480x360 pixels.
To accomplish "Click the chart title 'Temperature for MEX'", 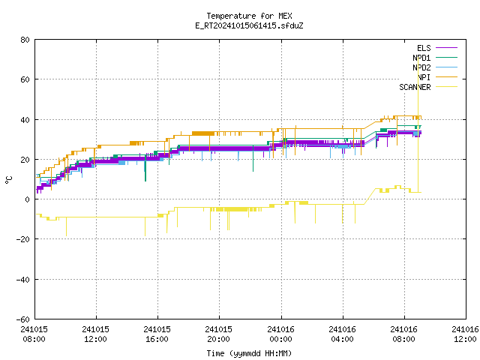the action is [249, 16].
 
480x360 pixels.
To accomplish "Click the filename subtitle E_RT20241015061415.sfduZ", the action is [249, 25].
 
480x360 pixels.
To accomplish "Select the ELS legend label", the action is [424, 48].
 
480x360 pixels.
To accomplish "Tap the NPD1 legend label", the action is [421, 58].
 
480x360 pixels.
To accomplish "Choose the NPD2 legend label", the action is [421, 67].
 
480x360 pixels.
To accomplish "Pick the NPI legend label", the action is [424, 77].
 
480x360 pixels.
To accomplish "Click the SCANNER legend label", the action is [415, 87].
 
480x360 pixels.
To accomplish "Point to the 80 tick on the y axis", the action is [25, 40].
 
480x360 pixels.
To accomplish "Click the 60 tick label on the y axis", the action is [25, 79].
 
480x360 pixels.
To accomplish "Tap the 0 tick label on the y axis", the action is [28, 199].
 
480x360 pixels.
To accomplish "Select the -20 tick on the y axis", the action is [23, 239].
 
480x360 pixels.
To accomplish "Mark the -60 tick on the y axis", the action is [23, 319].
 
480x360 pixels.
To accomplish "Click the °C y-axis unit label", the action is [8, 180].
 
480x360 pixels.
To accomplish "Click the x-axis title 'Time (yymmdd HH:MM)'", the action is [249, 353].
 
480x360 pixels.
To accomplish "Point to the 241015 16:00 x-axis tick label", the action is [157, 334].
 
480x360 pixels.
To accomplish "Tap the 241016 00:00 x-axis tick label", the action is [280, 334].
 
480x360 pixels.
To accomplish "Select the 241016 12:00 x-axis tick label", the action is [465, 334].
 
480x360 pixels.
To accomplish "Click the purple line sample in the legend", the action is [447, 48].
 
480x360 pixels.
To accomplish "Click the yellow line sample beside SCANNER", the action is [447, 87].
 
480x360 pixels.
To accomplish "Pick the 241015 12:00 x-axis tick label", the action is [95, 334].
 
